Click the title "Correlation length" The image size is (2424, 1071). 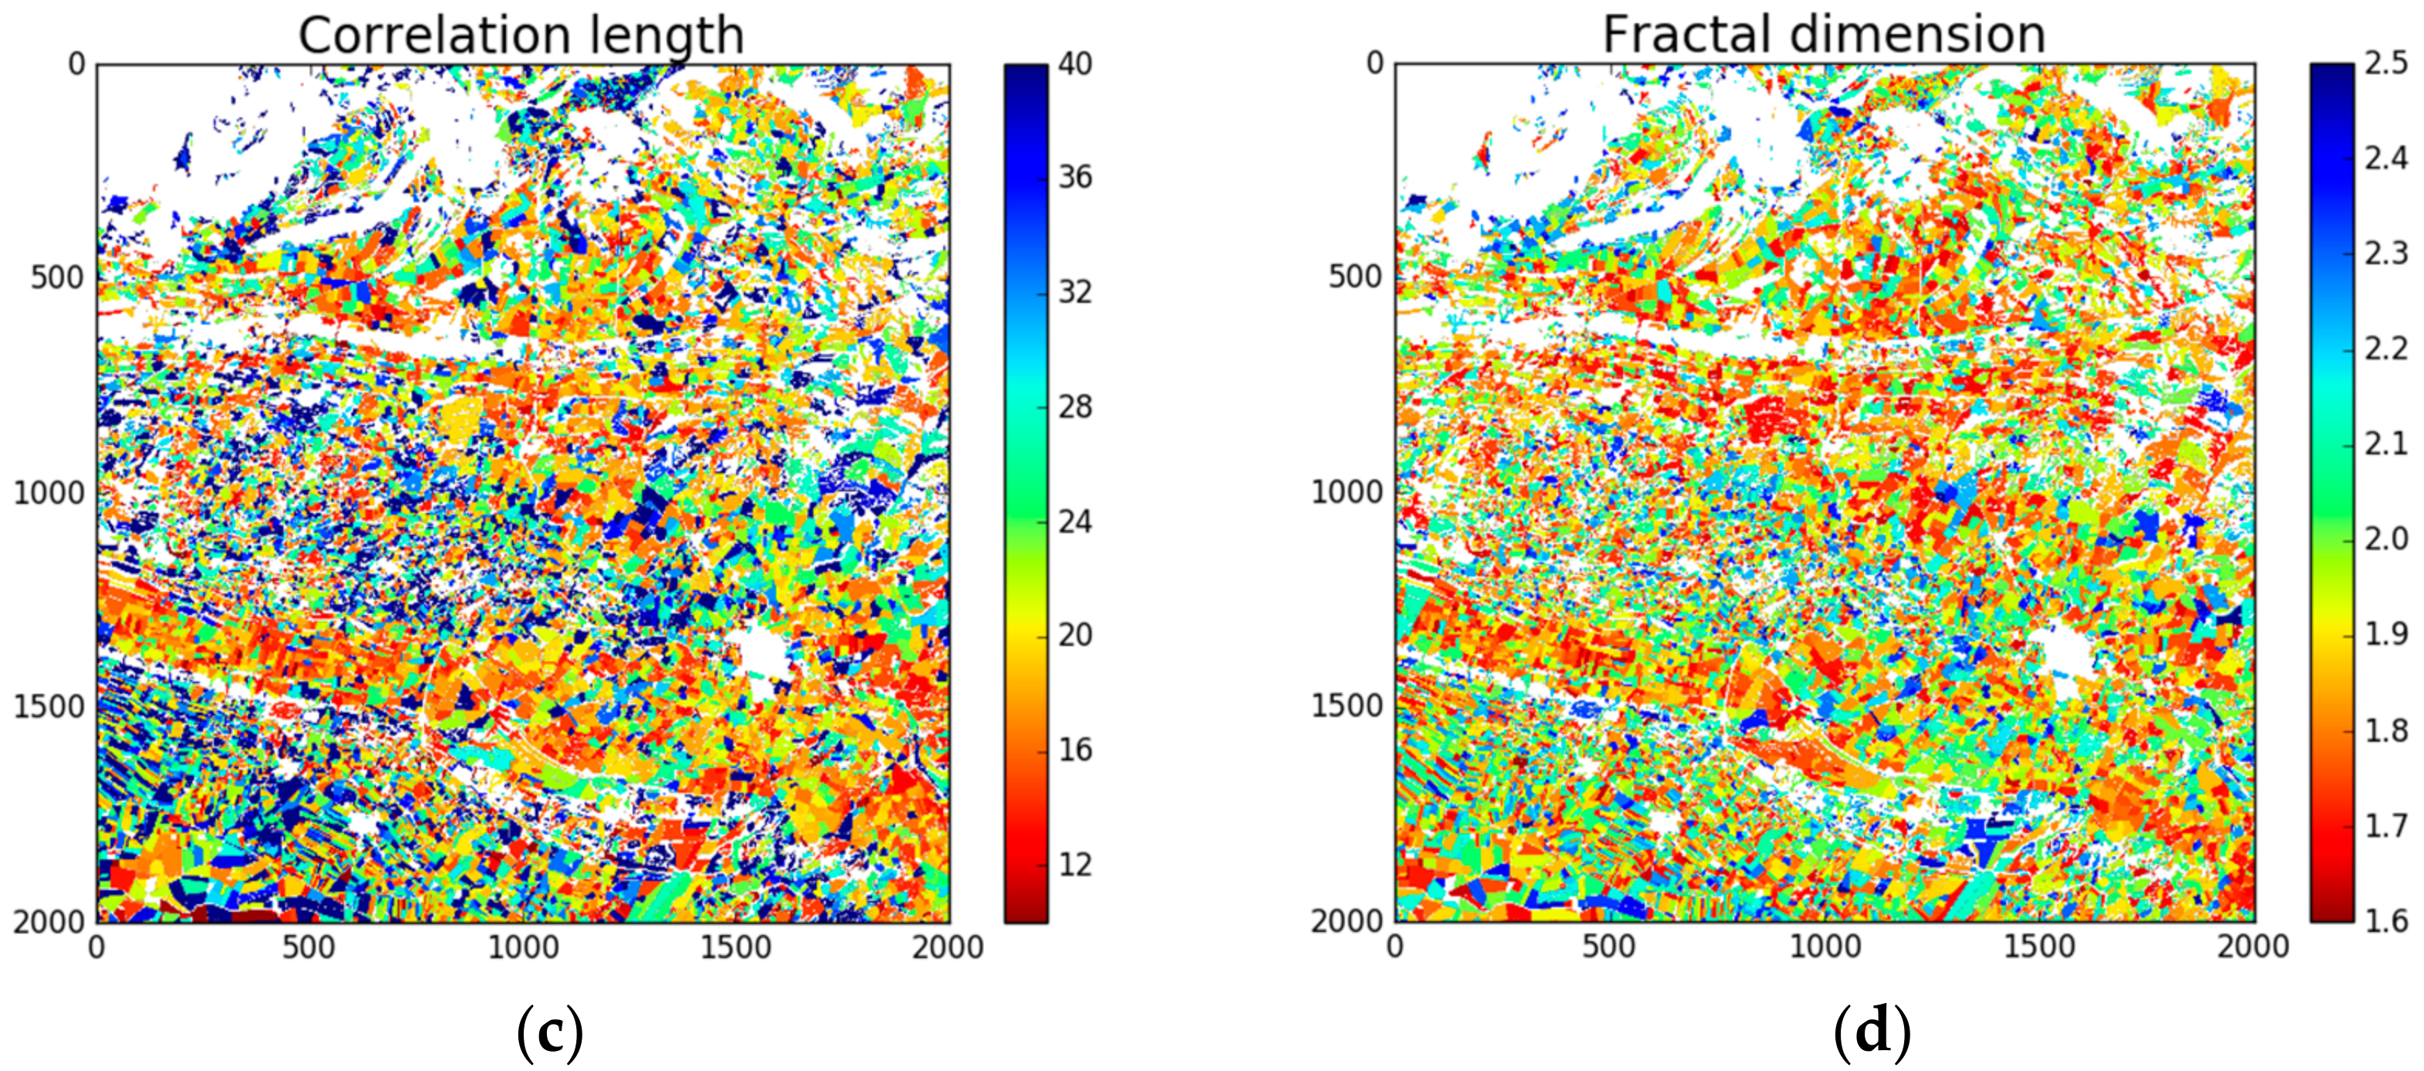pyautogui.click(x=521, y=36)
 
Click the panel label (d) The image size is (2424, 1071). pyautogui.click(x=1872, y=1032)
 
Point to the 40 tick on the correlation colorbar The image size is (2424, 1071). pyautogui.click(x=1075, y=64)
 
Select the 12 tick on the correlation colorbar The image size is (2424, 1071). pyautogui.click(x=1075, y=864)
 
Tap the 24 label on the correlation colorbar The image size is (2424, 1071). pyautogui.click(x=1075, y=522)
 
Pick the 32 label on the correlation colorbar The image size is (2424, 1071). pyautogui.click(x=1075, y=292)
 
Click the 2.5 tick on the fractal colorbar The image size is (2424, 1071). pyautogui.click(x=2386, y=64)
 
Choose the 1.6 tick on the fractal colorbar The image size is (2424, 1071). pyautogui.click(x=2386, y=920)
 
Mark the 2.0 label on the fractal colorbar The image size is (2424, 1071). pyautogui.click(x=2386, y=539)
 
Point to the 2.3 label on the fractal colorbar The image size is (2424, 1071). pyautogui.click(x=2386, y=254)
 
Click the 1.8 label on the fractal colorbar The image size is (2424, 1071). pyautogui.click(x=2386, y=730)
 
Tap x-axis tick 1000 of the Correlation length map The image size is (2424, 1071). pyautogui.click(x=523, y=947)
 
